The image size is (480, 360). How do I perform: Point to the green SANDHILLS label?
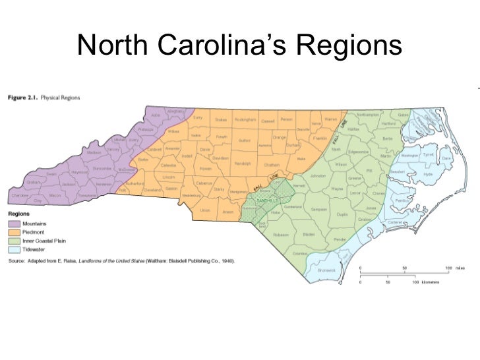pyautogui.click(x=267, y=200)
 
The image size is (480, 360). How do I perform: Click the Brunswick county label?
pyautogui.click(x=327, y=269)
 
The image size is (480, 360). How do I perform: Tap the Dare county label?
pyautogui.click(x=446, y=158)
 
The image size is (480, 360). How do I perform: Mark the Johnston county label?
pyautogui.click(x=318, y=176)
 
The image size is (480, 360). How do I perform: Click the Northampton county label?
pyautogui.click(x=368, y=114)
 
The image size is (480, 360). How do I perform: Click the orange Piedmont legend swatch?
pyautogui.click(x=15, y=233)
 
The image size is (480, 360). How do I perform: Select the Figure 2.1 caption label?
pyautogui.click(x=23, y=98)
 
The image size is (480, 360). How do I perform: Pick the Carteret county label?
pyautogui.click(x=395, y=223)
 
